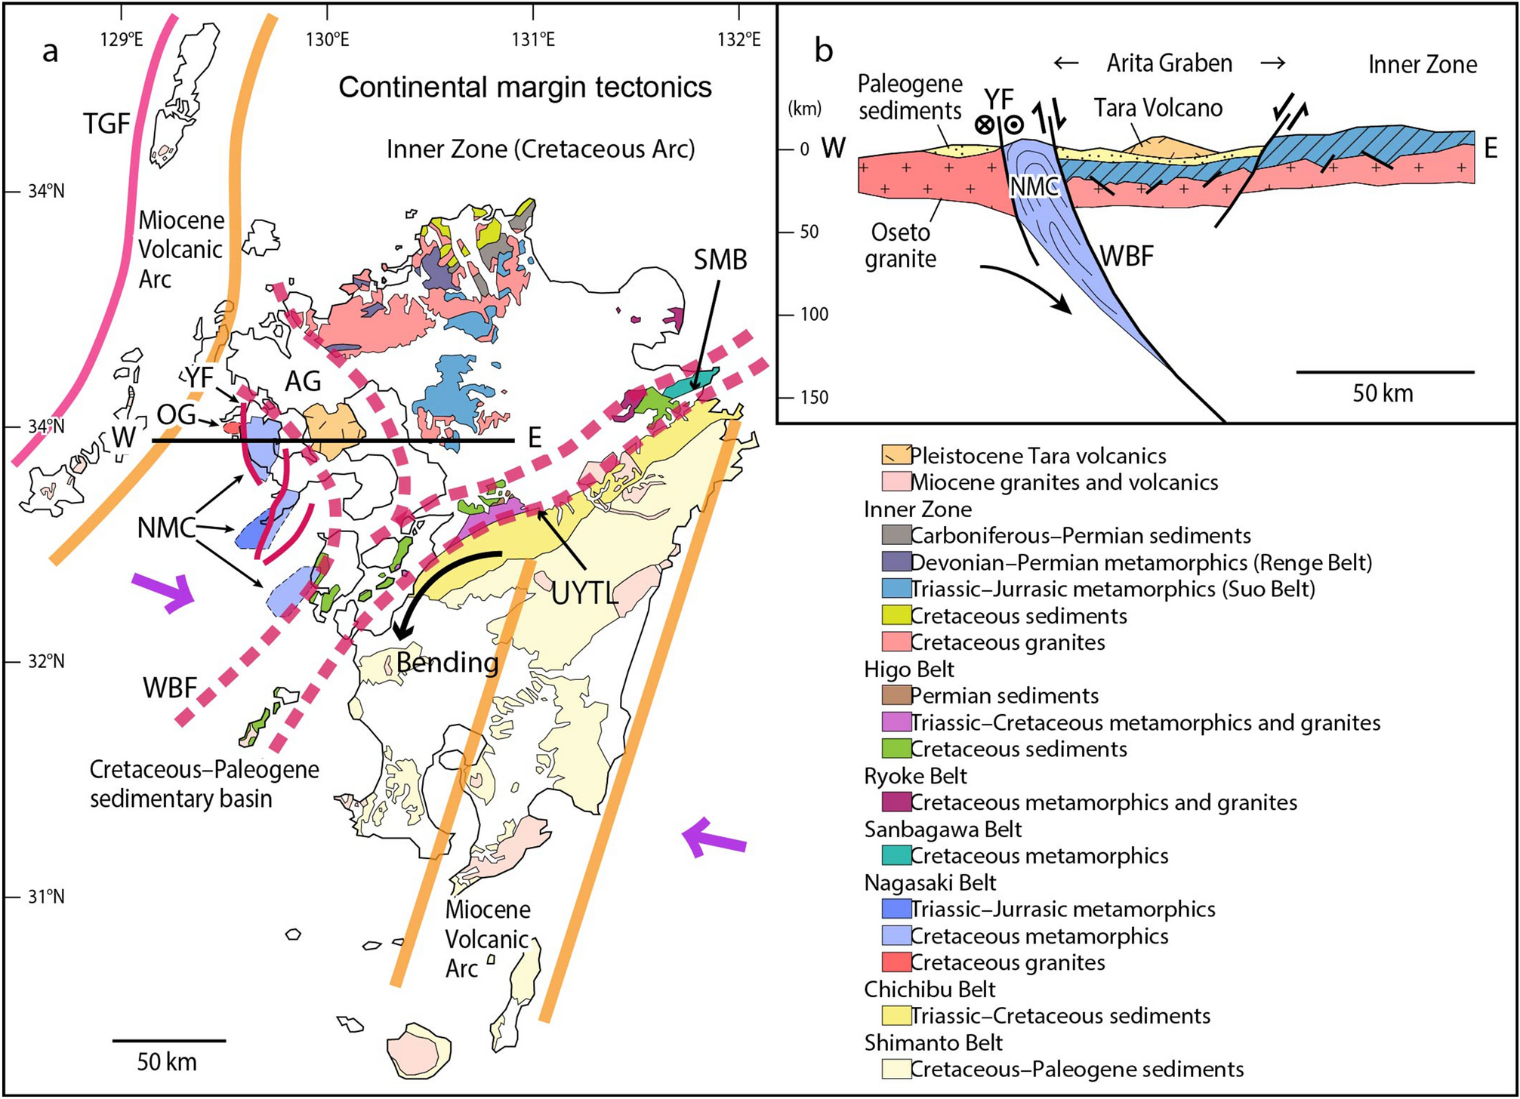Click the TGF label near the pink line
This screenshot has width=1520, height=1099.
pos(106,124)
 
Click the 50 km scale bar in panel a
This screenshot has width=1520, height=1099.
pos(168,1042)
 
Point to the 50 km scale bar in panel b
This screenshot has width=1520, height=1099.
pos(1385,372)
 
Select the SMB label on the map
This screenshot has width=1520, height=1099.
pos(720,260)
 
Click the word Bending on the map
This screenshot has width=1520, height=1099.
pos(447,663)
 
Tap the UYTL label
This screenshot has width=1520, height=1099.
pos(584,594)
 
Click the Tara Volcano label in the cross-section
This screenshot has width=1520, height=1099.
pos(1158,109)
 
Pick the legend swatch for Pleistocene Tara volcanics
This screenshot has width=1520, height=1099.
pos(896,455)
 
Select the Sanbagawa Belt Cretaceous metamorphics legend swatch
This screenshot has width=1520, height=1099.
pos(896,855)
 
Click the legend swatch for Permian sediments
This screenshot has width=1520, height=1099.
pos(896,695)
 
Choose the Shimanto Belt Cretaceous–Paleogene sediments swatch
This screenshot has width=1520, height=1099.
pos(896,1069)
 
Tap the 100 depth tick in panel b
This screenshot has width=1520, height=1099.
pos(813,314)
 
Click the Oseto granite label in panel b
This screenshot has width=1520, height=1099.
pos(900,245)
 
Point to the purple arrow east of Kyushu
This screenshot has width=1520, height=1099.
pos(714,838)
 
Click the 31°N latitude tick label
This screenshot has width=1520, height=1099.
pos(46,897)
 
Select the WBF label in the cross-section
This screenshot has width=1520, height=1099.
pos(1126,257)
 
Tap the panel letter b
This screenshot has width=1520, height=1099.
pos(824,51)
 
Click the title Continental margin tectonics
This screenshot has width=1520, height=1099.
pos(525,88)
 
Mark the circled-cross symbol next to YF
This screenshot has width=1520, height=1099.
pos(984,125)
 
